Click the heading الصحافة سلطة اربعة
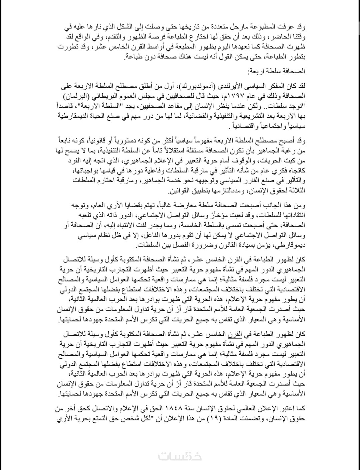277,71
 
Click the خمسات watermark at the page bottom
180,456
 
